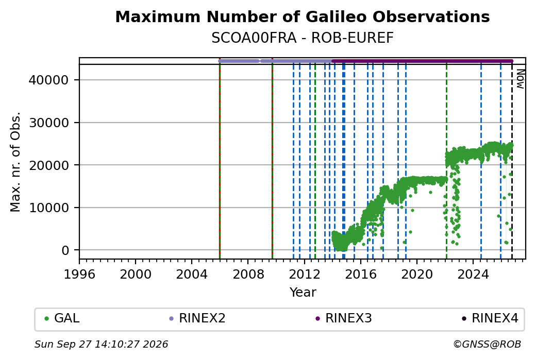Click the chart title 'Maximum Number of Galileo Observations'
[x=302, y=17]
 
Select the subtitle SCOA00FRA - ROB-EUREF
[x=302, y=38]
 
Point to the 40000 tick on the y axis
[x=49, y=80]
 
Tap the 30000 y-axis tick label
[x=49, y=123]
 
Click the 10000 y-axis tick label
[x=49, y=208]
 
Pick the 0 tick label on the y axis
[x=65, y=250]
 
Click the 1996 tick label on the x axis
[x=79, y=275]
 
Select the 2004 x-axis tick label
[x=191, y=275]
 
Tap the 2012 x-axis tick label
[x=304, y=275]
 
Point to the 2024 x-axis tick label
[x=473, y=275]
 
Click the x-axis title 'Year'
[x=303, y=293]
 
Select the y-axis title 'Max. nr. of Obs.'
[x=15, y=162]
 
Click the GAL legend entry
[x=62, y=318]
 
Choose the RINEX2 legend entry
[x=197, y=318]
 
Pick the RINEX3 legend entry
[x=344, y=318]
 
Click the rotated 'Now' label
[x=520, y=79]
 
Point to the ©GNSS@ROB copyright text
[x=487, y=344]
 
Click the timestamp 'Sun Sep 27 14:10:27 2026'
[x=101, y=344]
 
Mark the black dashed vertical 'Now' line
[x=512, y=162]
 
